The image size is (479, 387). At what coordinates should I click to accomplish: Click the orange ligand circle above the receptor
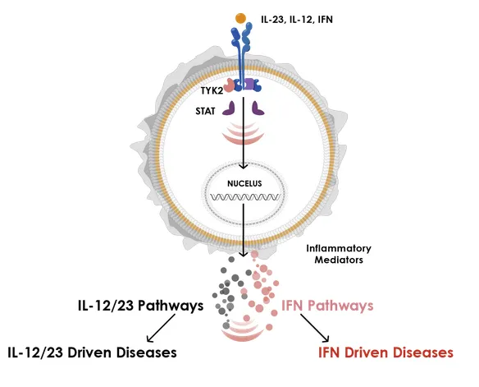240,18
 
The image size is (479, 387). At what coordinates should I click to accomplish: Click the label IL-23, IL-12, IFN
297,20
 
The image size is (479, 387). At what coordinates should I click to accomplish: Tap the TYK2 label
212,91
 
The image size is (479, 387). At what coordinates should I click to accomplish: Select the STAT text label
205,111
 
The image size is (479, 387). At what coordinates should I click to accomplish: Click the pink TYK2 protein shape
229,85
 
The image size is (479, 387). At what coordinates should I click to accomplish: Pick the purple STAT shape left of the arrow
229,108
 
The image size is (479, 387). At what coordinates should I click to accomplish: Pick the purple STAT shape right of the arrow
258,108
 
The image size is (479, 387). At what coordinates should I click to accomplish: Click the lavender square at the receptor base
248,84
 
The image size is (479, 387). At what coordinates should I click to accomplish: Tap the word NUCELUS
244,183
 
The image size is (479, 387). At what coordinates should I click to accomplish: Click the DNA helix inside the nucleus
245,197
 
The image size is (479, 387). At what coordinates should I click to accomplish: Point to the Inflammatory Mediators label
339,254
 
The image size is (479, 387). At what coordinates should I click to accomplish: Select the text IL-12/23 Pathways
140,306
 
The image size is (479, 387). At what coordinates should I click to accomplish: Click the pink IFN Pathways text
327,306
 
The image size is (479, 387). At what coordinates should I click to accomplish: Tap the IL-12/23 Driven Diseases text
92,352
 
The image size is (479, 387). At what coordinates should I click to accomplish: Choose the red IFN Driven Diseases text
385,352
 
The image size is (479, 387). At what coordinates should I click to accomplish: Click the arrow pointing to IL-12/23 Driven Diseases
161,328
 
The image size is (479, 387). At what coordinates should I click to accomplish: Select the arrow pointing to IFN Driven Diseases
315,328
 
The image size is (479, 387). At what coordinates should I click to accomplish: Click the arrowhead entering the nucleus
243,167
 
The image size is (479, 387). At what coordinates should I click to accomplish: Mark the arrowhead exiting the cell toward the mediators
243,255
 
